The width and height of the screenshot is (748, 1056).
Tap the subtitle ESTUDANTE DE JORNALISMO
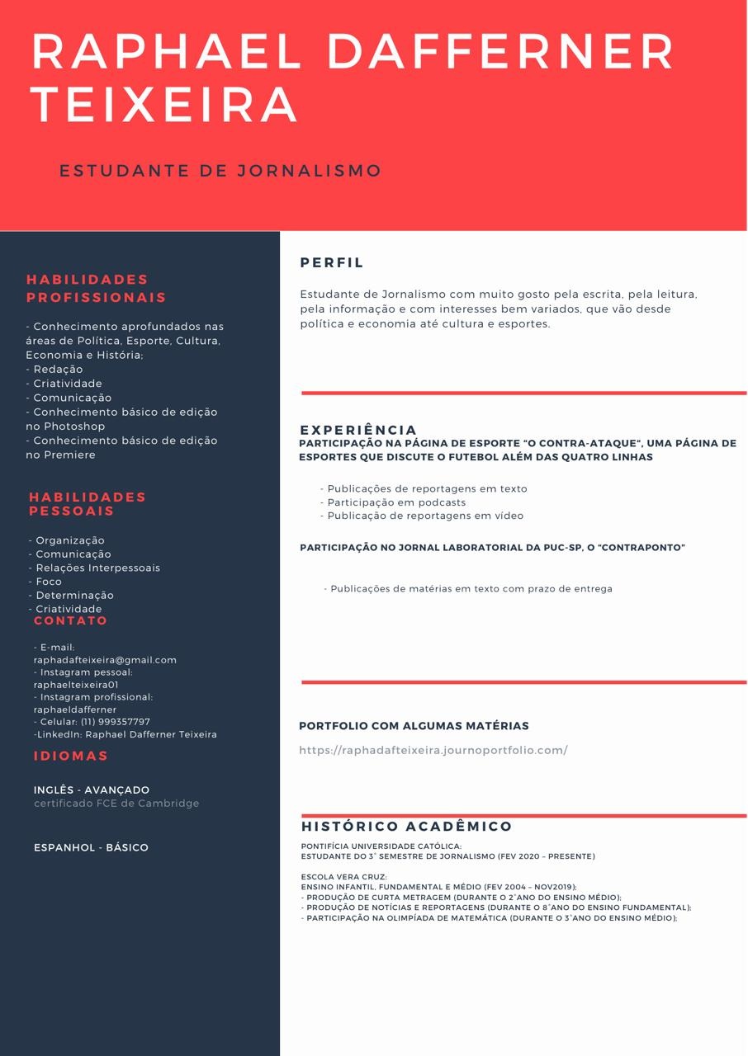click(220, 171)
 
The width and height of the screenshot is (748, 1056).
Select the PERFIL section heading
click(332, 263)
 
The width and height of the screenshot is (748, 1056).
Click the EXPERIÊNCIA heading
click(358, 430)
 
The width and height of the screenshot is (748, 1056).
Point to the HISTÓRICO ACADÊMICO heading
click(407, 827)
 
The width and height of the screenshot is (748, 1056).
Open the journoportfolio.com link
click(433, 750)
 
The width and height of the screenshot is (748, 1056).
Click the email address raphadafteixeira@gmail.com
click(105, 660)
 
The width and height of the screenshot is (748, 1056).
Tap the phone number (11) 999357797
click(116, 722)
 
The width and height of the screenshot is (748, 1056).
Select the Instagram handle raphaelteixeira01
click(76, 685)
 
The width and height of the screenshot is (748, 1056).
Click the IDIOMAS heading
click(71, 756)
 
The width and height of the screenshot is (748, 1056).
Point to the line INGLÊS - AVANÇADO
click(92, 790)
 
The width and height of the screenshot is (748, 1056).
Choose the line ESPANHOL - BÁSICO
click(91, 847)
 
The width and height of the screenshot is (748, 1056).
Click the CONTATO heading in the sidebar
click(71, 620)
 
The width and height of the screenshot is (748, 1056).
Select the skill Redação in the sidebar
click(58, 370)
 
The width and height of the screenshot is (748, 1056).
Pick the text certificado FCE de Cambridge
click(116, 803)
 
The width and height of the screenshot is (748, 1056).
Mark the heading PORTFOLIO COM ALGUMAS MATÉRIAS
click(414, 726)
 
